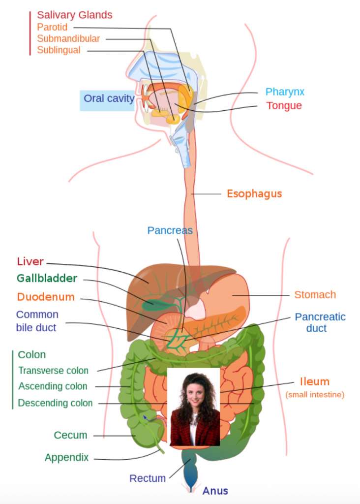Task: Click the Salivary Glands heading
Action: pos(75,15)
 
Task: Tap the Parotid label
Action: pos(52,28)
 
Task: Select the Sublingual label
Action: pos(59,50)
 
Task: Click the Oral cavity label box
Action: pos(108,99)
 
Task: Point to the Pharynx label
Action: pos(285,92)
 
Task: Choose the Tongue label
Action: pos(284,106)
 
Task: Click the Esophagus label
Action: pos(254,193)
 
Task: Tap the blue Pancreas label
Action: pos(170,230)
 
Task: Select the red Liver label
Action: pos(30,261)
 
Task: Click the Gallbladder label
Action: pos(47,278)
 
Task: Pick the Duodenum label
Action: pos(46,297)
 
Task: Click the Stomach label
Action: pos(315,295)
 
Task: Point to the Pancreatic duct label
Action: pos(320,322)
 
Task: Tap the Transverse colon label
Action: pos(53,371)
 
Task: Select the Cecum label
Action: pos(70,435)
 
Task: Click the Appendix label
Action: pos(66,458)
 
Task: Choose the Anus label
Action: pos(215,491)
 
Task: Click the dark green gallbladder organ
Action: pos(153,305)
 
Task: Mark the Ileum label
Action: pos(314,382)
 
